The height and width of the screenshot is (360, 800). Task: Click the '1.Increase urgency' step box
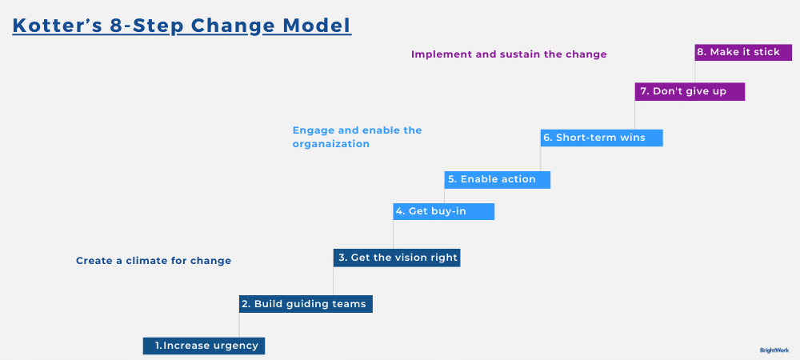tap(204, 346)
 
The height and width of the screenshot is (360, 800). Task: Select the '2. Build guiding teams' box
tap(306, 304)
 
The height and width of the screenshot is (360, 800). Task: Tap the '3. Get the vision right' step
tap(396, 258)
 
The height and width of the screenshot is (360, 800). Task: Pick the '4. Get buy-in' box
tap(443, 211)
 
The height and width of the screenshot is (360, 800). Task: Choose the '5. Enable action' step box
tap(497, 179)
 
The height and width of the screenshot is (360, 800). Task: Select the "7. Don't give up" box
tap(690, 91)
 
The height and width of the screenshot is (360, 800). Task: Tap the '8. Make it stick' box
tap(743, 52)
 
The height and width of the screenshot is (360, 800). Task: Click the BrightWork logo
tap(774, 350)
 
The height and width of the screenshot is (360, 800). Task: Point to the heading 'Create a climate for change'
tap(154, 261)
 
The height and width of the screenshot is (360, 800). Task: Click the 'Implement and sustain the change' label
tap(509, 54)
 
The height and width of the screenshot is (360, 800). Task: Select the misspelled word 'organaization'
tap(330, 145)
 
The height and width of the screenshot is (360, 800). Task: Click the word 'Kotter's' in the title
tap(57, 26)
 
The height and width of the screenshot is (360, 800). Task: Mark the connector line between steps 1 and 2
tap(239, 325)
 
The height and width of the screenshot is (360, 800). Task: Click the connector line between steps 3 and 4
tap(393, 234)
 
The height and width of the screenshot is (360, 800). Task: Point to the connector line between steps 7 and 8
tap(694, 71)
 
